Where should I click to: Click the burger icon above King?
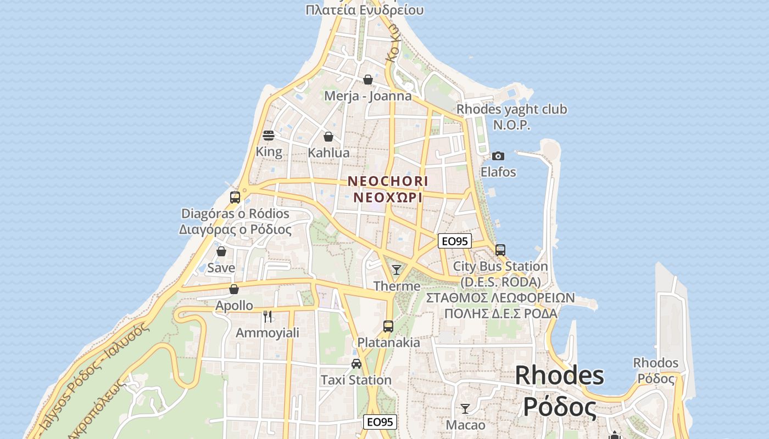[269, 136]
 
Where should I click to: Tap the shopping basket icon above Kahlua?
[328, 137]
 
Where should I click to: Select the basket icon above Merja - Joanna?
[368, 80]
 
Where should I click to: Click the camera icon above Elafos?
[498, 156]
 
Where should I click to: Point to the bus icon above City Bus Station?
[500, 250]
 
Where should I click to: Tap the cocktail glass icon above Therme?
[397, 269]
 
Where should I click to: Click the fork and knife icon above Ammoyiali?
[268, 316]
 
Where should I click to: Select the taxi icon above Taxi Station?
[356, 363]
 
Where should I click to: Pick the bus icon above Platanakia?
[388, 327]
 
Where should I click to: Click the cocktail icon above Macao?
[465, 408]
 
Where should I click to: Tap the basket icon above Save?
[221, 251]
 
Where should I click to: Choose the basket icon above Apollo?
[234, 289]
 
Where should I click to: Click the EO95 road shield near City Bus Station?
[455, 241]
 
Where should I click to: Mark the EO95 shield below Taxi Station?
[380, 422]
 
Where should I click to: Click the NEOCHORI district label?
[388, 181]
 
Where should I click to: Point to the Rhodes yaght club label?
[512, 110]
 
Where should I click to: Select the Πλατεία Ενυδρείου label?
[365, 10]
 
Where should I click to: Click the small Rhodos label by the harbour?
[656, 363]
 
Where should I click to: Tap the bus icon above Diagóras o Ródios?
[235, 198]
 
